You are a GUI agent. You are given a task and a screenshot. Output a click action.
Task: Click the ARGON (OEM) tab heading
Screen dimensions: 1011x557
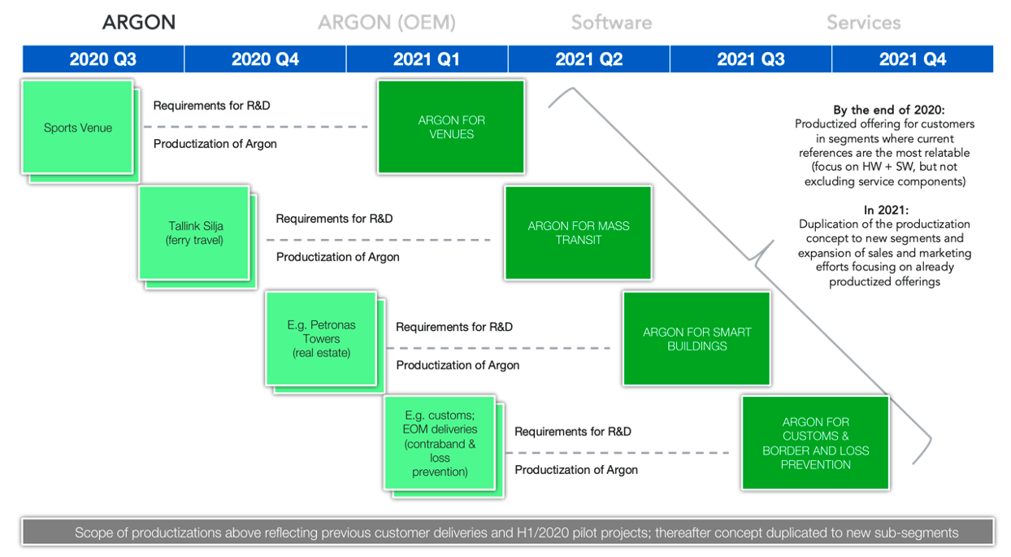[x=387, y=23]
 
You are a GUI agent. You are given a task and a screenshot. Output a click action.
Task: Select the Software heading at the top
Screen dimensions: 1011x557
[x=612, y=23]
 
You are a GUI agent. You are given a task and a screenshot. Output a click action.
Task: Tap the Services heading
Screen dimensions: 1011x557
[x=864, y=23]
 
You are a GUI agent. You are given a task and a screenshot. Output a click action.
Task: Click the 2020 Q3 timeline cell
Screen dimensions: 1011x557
[x=103, y=59]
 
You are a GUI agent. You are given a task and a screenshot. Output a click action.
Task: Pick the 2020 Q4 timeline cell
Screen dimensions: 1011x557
[x=266, y=59]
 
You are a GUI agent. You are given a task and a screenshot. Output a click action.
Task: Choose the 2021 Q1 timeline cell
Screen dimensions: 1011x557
[x=427, y=59]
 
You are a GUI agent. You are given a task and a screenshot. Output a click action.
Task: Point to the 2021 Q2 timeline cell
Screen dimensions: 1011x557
[x=589, y=59]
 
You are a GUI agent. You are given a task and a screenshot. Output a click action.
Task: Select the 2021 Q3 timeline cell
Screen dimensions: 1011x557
[x=751, y=59]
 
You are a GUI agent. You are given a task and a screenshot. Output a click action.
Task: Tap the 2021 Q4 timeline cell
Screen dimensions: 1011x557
[x=913, y=59]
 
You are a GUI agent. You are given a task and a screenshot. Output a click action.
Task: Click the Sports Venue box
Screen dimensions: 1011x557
[x=78, y=128]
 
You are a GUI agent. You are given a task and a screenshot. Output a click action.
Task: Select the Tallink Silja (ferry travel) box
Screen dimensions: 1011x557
[x=194, y=233]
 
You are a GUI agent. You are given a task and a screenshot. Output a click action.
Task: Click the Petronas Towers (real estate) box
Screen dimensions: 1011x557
[x=321, y=339]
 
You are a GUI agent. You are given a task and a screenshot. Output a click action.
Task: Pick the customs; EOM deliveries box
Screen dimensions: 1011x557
[x=440, y=443]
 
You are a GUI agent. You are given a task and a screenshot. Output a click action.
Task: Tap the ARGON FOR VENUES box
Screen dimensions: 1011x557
[x=451, y=127]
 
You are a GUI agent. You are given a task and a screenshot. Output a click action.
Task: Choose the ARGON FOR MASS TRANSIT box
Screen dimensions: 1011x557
[x=578, y=233]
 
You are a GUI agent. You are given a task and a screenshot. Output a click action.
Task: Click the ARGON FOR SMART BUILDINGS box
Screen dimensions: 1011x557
[x=696, y=339]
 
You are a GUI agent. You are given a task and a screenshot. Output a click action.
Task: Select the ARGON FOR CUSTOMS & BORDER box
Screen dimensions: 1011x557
[x=816, y=442]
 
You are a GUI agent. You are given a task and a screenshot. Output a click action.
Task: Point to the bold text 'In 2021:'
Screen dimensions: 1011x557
[x=886, y=210]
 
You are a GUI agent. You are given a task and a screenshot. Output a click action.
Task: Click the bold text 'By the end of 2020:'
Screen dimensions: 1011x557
[x=888, y=110]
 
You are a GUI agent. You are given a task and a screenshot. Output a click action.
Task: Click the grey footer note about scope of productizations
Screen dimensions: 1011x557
[x=508, y=532]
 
